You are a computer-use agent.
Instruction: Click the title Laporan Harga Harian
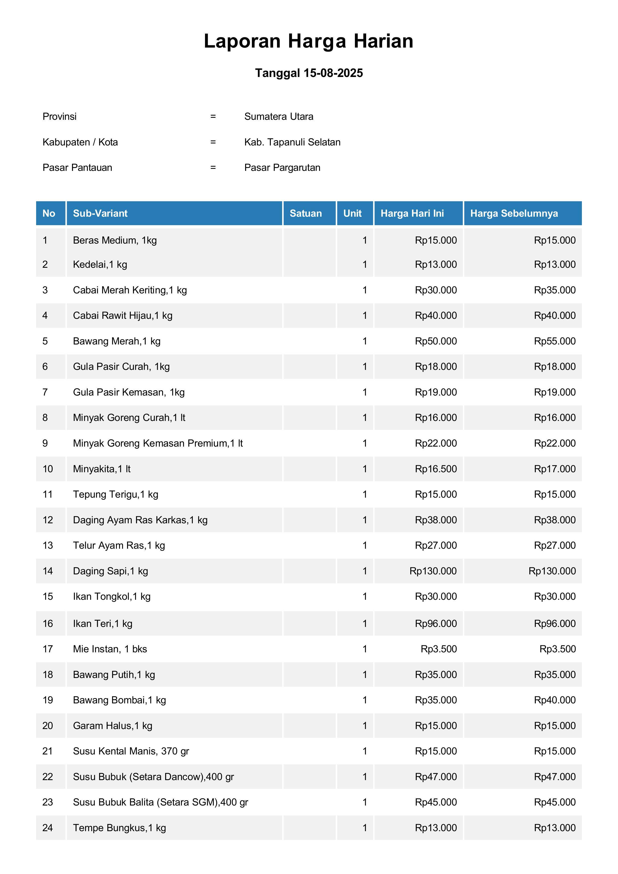308,41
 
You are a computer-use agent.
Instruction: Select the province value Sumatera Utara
279,117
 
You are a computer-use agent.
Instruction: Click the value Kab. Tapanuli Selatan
292,142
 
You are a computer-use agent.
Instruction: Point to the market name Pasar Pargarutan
282,167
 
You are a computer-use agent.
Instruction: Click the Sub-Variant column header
100,213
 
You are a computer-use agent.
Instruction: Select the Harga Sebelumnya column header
514,213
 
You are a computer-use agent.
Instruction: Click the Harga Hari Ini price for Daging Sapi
433,571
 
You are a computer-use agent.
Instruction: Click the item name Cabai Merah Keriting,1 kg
130,290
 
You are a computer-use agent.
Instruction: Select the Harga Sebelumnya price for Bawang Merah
554,341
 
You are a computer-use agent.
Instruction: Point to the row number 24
48,828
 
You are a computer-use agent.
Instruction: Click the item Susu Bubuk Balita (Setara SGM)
160,802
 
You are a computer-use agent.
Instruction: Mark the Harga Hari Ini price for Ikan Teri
436,623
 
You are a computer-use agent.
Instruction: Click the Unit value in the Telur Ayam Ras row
364,545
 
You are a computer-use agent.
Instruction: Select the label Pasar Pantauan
77,167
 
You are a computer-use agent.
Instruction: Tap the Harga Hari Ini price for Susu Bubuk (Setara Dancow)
436,777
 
